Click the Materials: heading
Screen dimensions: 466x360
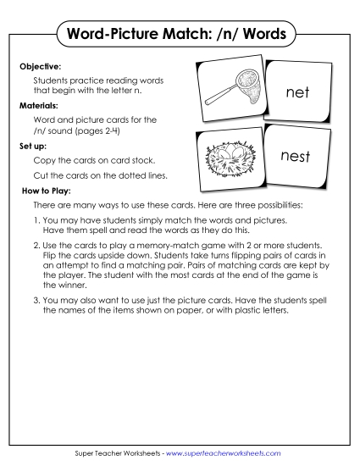pos(38,107)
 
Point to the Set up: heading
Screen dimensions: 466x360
pos(32,145)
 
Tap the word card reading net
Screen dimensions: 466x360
pos(297,93)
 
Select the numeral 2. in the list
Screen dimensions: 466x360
pos(37,244)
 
